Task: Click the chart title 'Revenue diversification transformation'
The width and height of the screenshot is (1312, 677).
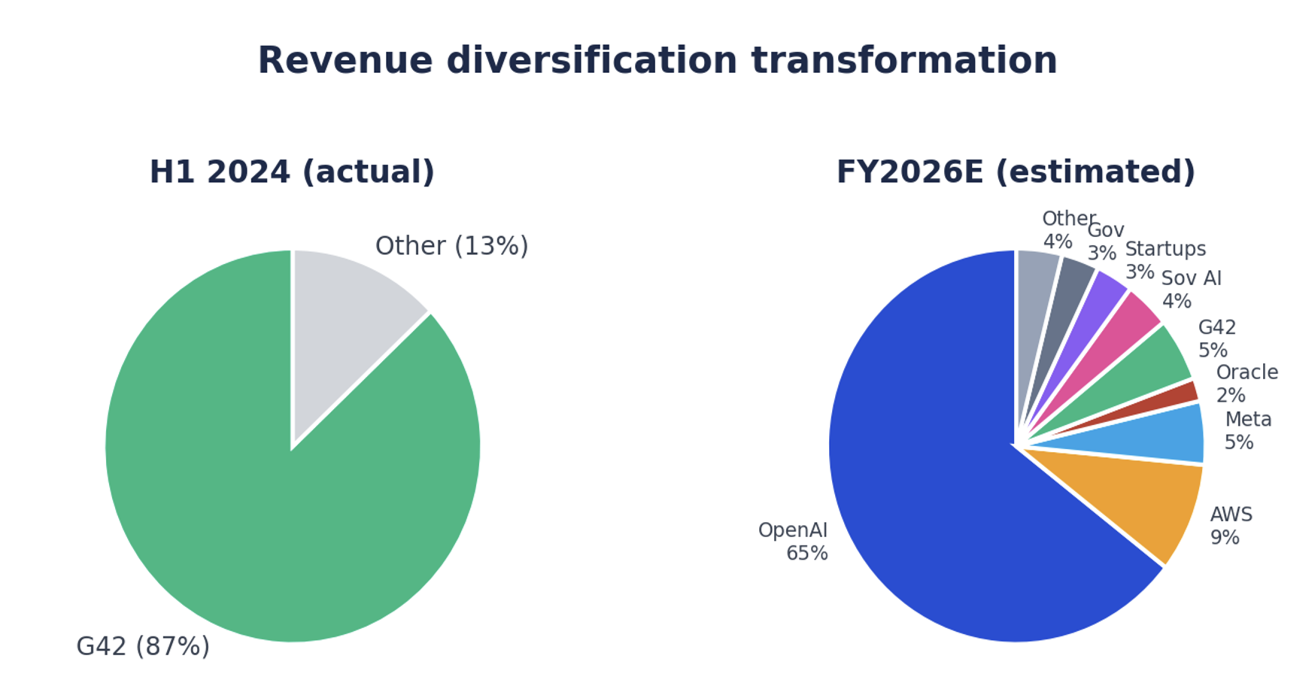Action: tap(657, 61)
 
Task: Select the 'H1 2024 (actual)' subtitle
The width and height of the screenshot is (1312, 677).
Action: tap(292, 172)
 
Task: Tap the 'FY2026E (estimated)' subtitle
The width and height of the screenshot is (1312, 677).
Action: tap(1016, 172)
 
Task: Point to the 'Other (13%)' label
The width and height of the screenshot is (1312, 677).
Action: tap(451, 246)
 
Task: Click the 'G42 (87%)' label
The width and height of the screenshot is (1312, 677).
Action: tap(143, 646)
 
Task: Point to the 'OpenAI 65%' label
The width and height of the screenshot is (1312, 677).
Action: tap(794, 542)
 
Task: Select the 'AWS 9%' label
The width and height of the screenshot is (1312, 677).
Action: tap(1231, 526)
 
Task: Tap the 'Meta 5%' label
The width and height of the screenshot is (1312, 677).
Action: tap(1247, 431)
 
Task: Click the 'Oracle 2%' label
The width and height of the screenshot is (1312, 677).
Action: tap(1246, 384)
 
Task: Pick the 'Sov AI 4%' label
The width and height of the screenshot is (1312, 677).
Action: tap(1191, 290)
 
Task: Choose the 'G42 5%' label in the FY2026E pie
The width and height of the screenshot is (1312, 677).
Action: tap(1216, 338)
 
